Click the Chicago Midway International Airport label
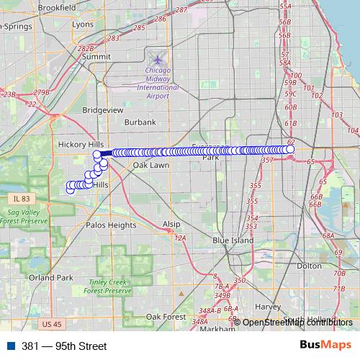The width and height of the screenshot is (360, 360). (158, 81)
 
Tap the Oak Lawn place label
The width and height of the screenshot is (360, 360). (150, 165)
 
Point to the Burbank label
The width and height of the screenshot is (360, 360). (140, 122)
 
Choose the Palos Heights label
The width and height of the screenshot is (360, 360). (111, 225)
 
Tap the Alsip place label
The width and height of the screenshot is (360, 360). (171, 224)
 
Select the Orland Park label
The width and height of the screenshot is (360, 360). (51, 277)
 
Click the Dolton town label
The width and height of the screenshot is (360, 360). (309, 266)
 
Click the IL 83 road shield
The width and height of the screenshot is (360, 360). (21, 198)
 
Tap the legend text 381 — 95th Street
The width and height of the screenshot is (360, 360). (64, 346)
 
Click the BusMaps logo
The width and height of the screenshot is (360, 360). (325, 346)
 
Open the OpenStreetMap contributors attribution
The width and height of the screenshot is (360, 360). (297, 322)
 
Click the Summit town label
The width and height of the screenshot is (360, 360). (96, 55)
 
